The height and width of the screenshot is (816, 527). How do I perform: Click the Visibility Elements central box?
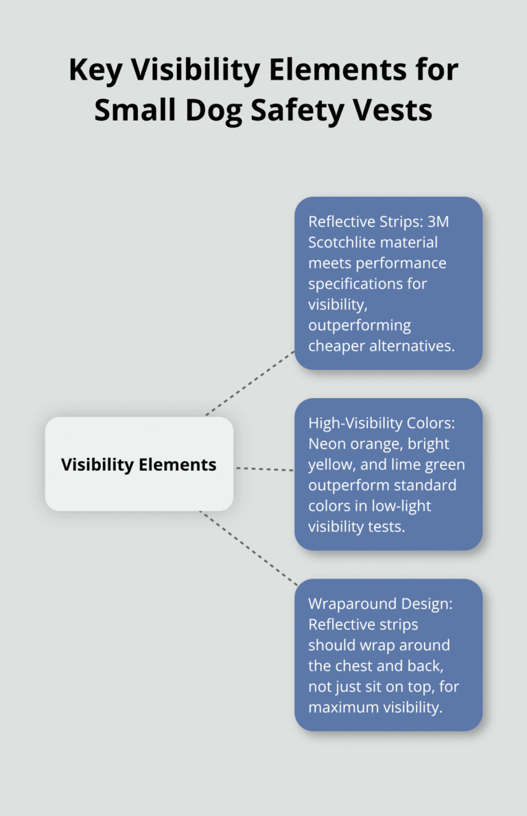[139, 465]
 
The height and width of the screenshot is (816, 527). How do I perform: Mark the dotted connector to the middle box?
[264, 469]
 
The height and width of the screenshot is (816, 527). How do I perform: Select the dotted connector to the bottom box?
[248, 548]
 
